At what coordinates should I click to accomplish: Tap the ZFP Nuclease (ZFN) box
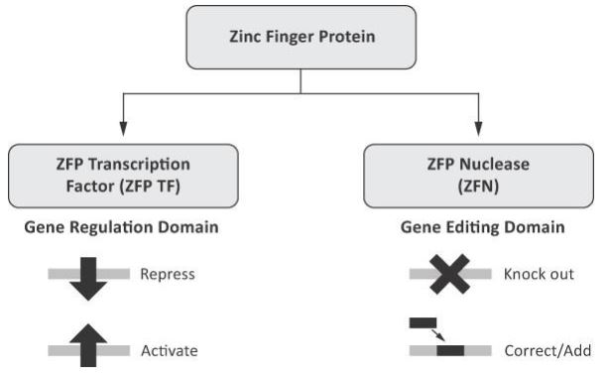tap(481, 175)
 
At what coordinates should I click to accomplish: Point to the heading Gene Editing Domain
tap(481, 227)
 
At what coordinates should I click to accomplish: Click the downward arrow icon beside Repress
tap(88, 274)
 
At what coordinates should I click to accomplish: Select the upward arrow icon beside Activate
tap(88, 348)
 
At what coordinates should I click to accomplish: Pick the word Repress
tap(166, 275)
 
